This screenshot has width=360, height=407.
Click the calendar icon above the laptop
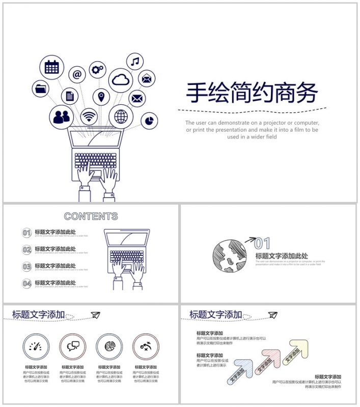pos(51,67)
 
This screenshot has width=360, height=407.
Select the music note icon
pos(134,62)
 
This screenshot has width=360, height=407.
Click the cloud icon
pos(121,79)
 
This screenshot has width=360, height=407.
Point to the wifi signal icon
pos(89,117)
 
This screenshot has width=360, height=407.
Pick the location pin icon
pos(101,96)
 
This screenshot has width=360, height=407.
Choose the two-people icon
pos(61,117)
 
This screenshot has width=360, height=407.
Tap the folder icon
pos(41,89)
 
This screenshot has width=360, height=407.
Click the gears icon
pos(98,69)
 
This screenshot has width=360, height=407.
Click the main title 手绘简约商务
pos(252,93)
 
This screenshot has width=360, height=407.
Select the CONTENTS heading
pos(91,216)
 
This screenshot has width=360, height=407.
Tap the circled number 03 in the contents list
pos(27,267)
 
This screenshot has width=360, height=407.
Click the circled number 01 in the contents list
pos(27,233)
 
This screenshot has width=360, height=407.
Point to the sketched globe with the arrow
pos(230,254)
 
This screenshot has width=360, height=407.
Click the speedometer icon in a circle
pos(36,346)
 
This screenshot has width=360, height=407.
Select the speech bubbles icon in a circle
pos(73,346)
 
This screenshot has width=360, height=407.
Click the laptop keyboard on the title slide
pos(95,161)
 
